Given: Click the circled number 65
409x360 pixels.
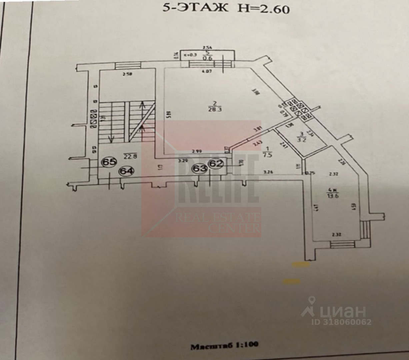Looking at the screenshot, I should [109, 162].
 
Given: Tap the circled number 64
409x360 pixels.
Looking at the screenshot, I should [127, 171].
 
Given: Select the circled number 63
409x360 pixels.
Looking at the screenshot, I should [199, 168].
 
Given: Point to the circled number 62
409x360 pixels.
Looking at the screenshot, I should [216, 163].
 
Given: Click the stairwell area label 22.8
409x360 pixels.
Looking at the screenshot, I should [128, 155].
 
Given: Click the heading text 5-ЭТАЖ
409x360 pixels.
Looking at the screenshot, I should [195, 8].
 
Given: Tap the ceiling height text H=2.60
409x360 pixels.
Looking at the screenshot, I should [263, 9].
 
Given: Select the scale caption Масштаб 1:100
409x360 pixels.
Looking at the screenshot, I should [224, 346].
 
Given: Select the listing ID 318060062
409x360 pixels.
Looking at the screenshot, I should [341, 322].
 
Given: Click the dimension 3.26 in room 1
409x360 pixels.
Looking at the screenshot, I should [269, 172].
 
